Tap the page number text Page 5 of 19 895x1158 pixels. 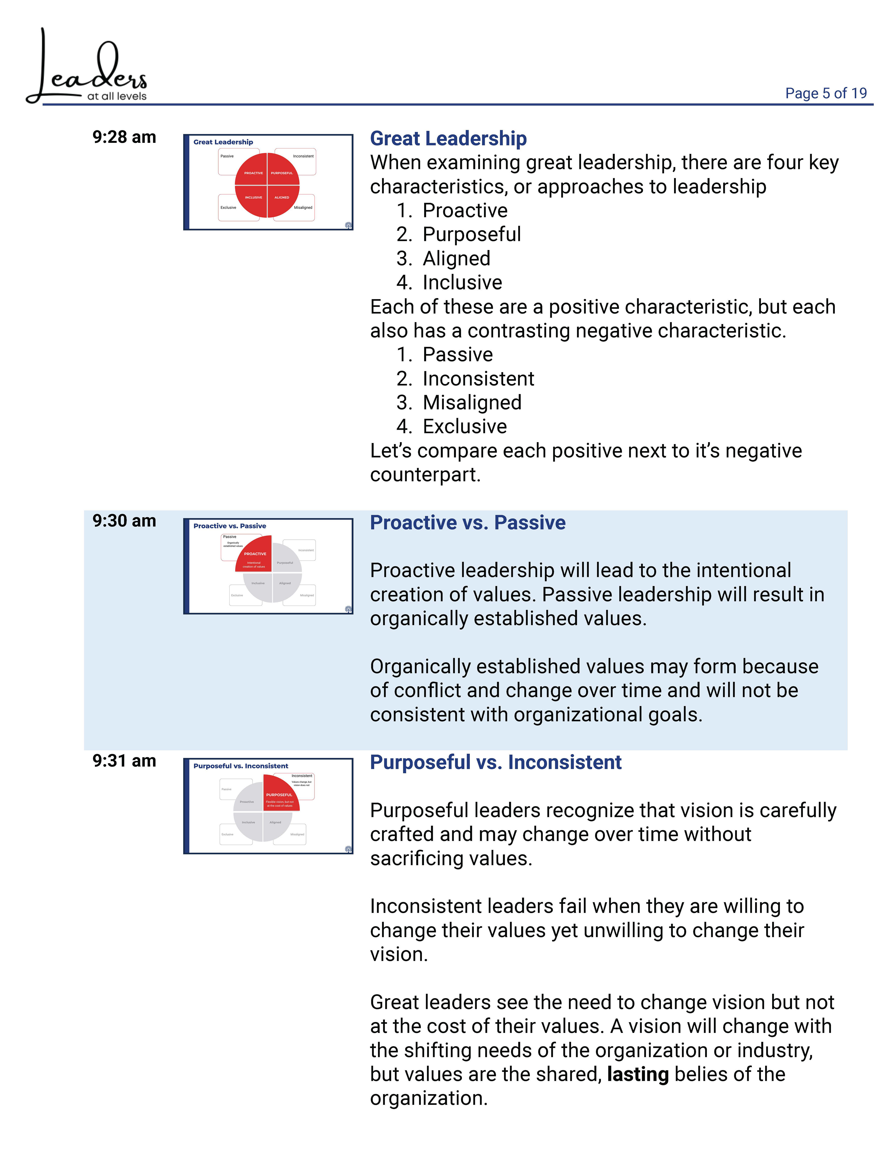tap(826, 93)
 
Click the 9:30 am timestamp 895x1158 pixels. tap(124, 521)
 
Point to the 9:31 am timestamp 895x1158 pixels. tap(124, 761)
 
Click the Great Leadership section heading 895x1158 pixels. tap(448, 138)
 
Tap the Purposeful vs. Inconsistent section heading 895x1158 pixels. tap(495, 763)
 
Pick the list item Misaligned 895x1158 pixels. tap(472, 402)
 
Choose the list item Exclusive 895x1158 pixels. tap(465, 426)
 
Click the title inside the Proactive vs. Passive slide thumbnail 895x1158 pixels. tap(230, 526)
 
